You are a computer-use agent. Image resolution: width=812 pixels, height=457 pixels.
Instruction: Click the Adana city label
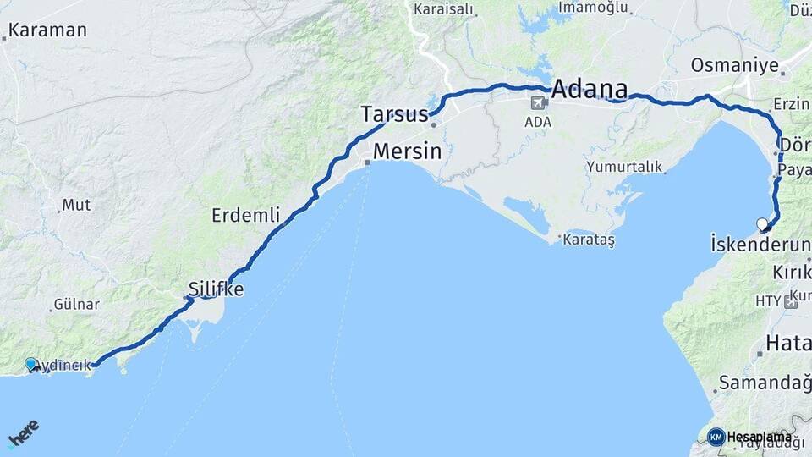pos(590,89)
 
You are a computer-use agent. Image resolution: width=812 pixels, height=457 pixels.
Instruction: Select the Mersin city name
pos(408,152)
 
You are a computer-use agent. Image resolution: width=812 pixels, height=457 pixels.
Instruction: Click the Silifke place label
pos(216,289)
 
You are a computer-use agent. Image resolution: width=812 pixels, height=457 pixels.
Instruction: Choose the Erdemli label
pos(245,216)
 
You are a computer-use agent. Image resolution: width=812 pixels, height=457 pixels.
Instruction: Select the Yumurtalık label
pos(624,167)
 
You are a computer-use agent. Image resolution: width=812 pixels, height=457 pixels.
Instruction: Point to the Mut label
pos(76,206)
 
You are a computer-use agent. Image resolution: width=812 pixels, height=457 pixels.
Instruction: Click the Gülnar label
pos(76,304)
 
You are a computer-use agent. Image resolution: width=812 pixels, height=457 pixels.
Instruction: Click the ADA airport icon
pos(536,103)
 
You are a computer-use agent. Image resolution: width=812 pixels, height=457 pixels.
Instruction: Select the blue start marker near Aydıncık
pos(31,364)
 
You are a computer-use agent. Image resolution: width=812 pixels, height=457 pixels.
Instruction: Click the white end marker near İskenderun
pos(763,224)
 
